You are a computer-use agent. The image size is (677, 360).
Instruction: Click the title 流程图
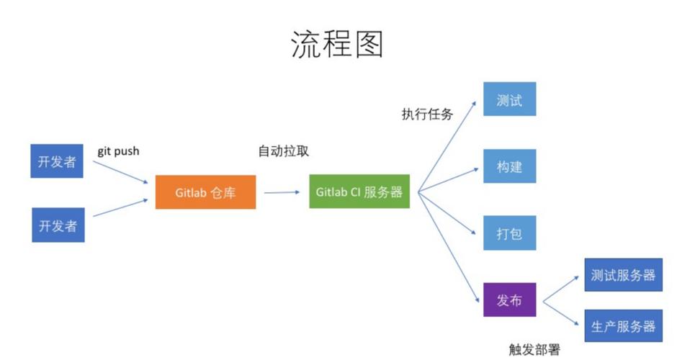tap(337, 44)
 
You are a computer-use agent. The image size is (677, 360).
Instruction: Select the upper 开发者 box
tap(58, 161)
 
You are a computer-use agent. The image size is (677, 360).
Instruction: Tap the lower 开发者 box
tap(58, 225)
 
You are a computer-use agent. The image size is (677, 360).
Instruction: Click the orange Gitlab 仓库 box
tap(205, 192)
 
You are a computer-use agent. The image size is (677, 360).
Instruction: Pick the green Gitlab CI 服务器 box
tap(359, 192)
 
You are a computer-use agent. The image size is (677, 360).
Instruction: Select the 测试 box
tap(509, 100)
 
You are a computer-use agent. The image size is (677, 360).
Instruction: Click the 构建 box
tap(509, 167)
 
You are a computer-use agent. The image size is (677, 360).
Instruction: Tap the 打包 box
tap(509, 233)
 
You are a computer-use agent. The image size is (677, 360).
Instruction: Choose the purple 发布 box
tap(509, 300)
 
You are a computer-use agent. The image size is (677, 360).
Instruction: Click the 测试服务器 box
tap(623, 275)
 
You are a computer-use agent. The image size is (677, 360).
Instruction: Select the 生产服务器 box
tap(623, 326)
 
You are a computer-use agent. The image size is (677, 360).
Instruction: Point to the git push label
tap(118, 151)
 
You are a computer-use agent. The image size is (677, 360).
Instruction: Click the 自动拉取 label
tap(284, 151)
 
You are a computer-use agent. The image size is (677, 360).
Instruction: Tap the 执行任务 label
tap(427, 114)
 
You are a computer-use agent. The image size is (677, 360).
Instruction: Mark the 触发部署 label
tap(534, 349)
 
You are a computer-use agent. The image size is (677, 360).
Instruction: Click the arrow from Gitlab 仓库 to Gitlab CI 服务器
tap(282, 192)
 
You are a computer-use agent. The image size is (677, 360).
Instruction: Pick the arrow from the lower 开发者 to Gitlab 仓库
tap(120, 207)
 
